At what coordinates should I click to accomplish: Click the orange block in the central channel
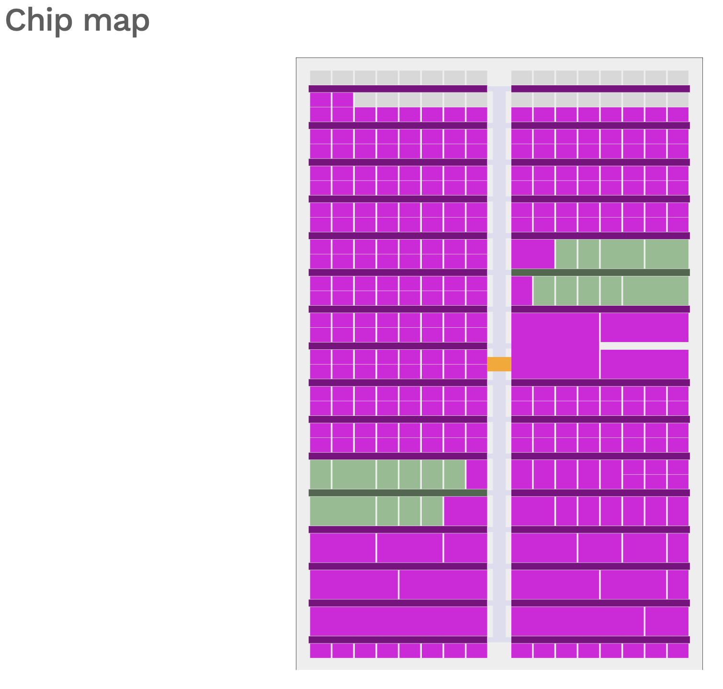(499, 364)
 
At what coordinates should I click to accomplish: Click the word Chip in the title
(36, 21)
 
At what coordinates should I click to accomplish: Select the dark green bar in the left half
(398, 493)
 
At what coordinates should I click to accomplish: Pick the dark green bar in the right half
(600, 272)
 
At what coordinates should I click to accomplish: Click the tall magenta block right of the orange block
(555, 345)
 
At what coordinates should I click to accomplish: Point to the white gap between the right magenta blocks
(644, 345)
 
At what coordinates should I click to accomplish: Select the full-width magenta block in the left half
(398, 621)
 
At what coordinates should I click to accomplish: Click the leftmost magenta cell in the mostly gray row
(320, 100)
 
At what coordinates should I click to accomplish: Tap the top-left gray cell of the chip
(320, 77)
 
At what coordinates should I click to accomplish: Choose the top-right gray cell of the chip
(678, 77)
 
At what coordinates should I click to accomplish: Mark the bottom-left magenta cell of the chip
(320, 651)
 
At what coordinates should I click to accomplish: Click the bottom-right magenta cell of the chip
(678, 651)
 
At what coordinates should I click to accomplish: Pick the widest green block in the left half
(342, 511)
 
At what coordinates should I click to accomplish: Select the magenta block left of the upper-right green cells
(533, 254)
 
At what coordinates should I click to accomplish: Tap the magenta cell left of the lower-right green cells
(522, 290)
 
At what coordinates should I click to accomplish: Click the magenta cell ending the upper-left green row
(476, 474)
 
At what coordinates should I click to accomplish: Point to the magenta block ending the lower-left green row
(465, 511)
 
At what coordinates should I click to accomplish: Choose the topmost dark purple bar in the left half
(398, 89)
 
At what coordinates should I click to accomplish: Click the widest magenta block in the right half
(577, 621)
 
